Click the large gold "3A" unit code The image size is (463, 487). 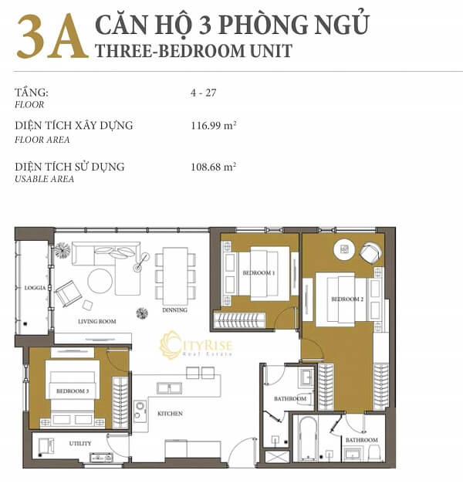click(51, 36)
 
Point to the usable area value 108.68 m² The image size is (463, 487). click(213, 166)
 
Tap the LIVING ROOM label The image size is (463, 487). click(96, 321)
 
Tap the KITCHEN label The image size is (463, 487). click(170, 414)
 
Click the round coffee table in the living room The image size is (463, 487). click(100, 282)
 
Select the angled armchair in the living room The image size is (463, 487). click(66, 293)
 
